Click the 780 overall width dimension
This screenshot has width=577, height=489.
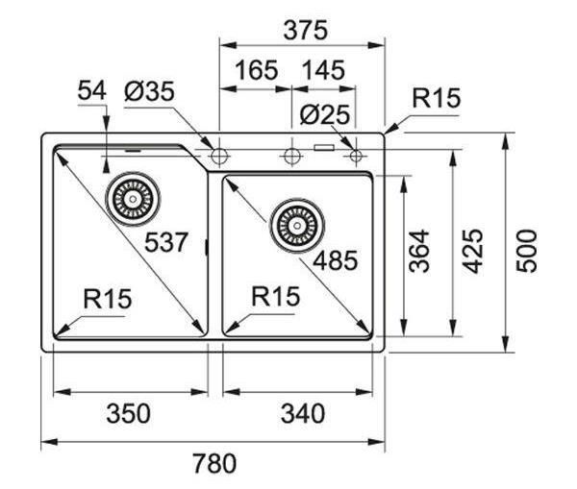coord(214,464)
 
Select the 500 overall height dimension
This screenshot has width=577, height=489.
coord(526,251)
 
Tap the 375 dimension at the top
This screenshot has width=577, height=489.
coord(305,30)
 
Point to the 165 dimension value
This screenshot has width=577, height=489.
coord(256,70)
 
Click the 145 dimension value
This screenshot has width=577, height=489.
coord(323,70)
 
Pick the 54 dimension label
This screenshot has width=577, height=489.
coord(91,90)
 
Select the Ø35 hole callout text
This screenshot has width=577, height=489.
coord(149,91)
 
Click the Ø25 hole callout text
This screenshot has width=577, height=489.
coord(324,114)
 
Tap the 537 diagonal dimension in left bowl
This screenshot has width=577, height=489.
coord(166,242)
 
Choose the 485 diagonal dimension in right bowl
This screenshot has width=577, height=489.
coord(335,260)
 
